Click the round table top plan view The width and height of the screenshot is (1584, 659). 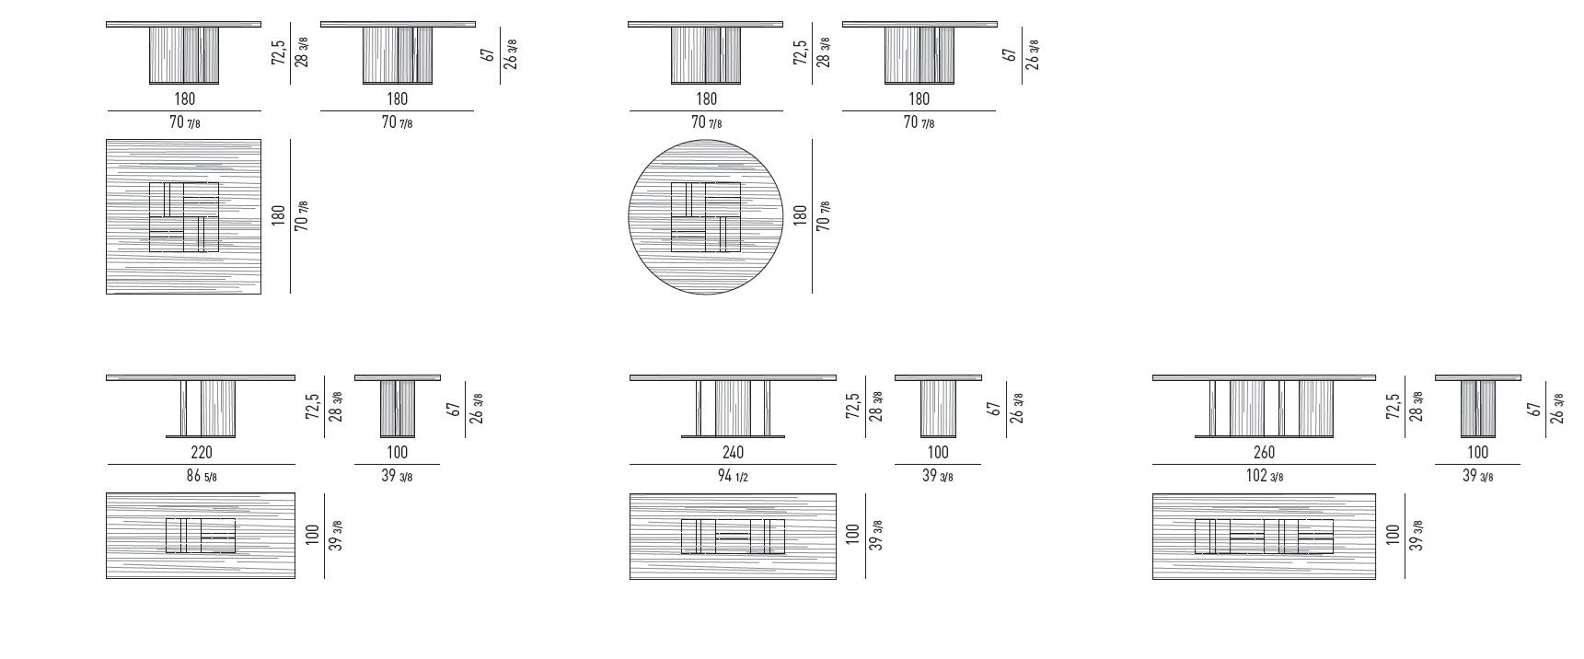click(x=706, y=217)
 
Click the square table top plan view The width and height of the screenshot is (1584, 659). click(x=184, y=217)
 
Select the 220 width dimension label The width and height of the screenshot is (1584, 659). click(x=201, y=452)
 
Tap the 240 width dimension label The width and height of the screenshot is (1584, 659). click(x=734, y=452)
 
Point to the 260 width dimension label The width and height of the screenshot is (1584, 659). click(x=1265, y=452)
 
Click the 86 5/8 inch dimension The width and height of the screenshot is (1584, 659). click(x=201, y=476)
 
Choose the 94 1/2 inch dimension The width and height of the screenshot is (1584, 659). click(x=734, y=476)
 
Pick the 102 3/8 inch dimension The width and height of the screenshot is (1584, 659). click(x=1264, y=476)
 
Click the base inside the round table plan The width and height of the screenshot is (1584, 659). click(x=706, y=217)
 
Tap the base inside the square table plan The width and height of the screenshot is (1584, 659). click(x=184, y=217)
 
